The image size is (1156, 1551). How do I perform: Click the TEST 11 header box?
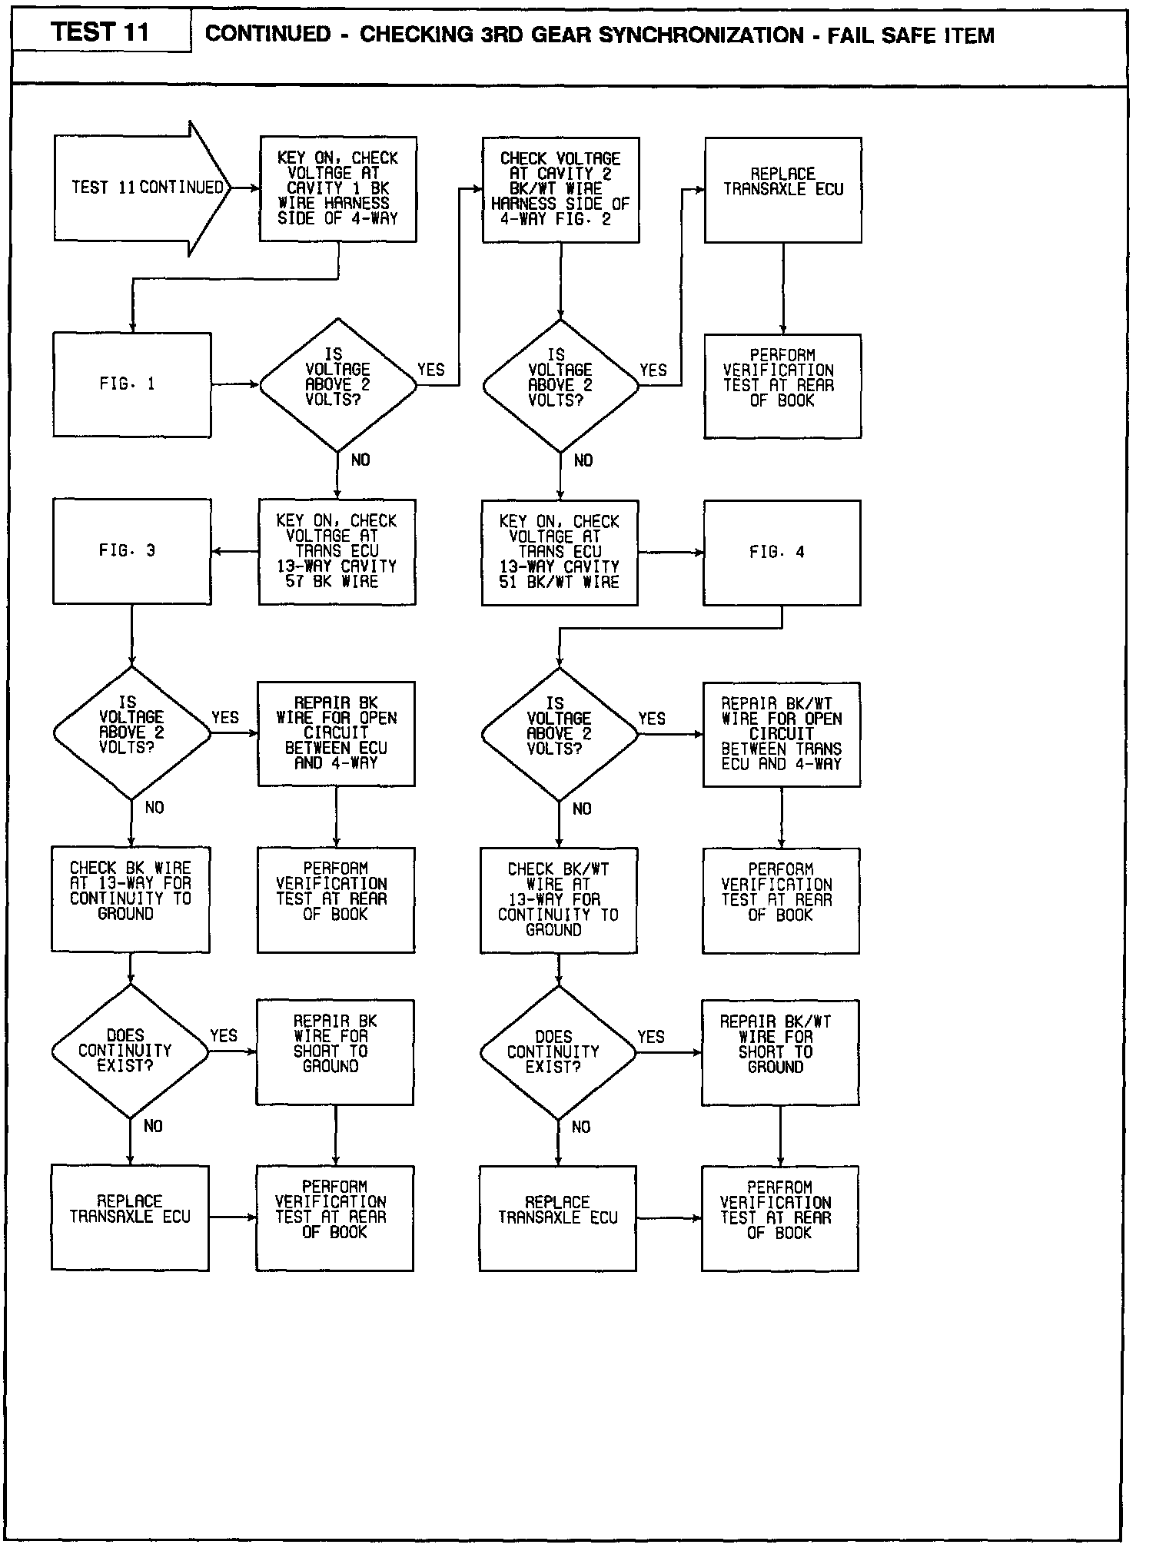pos(100,32)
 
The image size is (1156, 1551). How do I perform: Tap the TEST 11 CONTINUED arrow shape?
pos(142,188)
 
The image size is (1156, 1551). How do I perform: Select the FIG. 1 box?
pos(131,384)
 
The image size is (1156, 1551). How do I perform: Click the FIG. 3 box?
pos(131,551)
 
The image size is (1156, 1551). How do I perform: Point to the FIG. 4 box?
pos(782,553)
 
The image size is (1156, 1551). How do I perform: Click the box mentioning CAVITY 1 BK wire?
pos(338,189)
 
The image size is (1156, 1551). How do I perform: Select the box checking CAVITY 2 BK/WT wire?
pos(560,190)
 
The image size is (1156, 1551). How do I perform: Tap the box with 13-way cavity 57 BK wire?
pos(337,552)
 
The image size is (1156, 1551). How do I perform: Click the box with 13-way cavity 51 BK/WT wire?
pos(560,553)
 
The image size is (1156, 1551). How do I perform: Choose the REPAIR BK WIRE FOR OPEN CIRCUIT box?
pos(336,733)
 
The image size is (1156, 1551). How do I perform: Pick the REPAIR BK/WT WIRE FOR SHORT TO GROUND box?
pos(779,1052)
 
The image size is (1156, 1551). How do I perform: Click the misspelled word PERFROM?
pos(779,1187)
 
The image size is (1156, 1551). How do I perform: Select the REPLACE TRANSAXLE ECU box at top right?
pos(782,190)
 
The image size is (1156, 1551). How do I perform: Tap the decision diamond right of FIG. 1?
pos(337,384)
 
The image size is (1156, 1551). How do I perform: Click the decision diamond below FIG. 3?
pos(131,732)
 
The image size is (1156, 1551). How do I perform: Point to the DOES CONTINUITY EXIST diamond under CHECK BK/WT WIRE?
pos(558,1052)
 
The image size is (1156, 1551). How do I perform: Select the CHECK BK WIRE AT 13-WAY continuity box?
pos(130,899)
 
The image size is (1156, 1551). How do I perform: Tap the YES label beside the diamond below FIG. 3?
pos(224,717)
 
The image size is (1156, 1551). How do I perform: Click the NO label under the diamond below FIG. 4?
pos(582,809)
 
